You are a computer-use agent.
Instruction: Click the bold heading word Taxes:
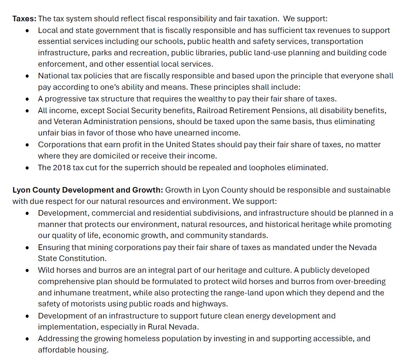[x=24, y=18]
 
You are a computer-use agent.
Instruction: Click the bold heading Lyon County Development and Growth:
[x=88, y=190]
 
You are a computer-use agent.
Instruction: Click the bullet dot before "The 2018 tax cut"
[x=27, y=168]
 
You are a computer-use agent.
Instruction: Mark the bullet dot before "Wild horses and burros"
[x=27, y=270]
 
